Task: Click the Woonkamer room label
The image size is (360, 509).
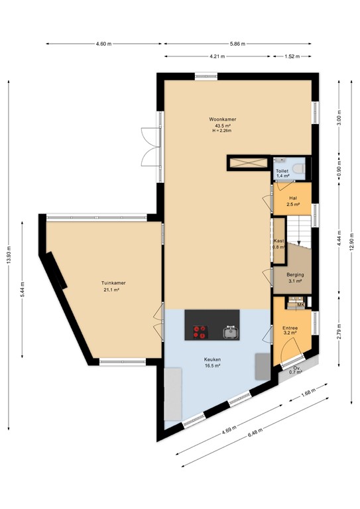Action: tap(225, 119)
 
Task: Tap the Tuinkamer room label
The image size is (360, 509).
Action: tap(115, 283)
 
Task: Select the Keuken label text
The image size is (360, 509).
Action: tap(212, 361)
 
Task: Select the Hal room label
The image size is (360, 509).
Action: tap(292, 198)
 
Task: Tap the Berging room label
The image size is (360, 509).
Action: tap(295, 274)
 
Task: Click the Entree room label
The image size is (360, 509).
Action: tap(290, 328)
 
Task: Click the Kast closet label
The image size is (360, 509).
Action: tap(278, 241)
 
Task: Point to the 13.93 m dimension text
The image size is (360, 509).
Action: tap(9, 256)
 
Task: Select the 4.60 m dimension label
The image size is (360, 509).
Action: tap(102, 44)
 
